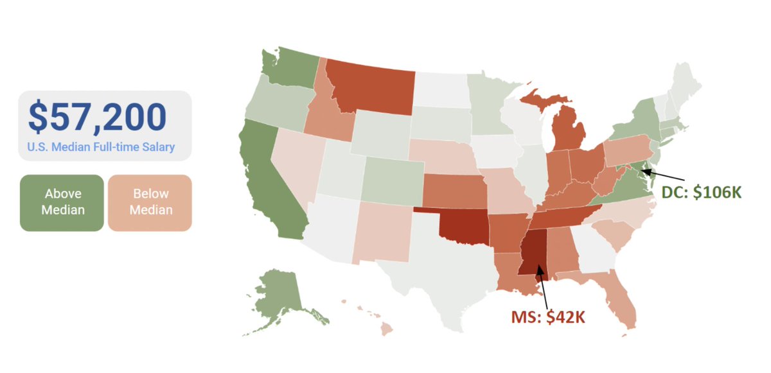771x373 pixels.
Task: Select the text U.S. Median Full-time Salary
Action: pyautogui.click(x=101, y=147)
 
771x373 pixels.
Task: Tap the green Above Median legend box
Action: pyautogui.click(x=62, y=202)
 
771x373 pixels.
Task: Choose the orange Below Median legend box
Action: pyautogui.click(x=150, y=202)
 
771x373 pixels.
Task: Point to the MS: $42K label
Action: pyautogui.click(x=548, y=317)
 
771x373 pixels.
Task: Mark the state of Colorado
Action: pyautogui.click(x=392, y=177)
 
